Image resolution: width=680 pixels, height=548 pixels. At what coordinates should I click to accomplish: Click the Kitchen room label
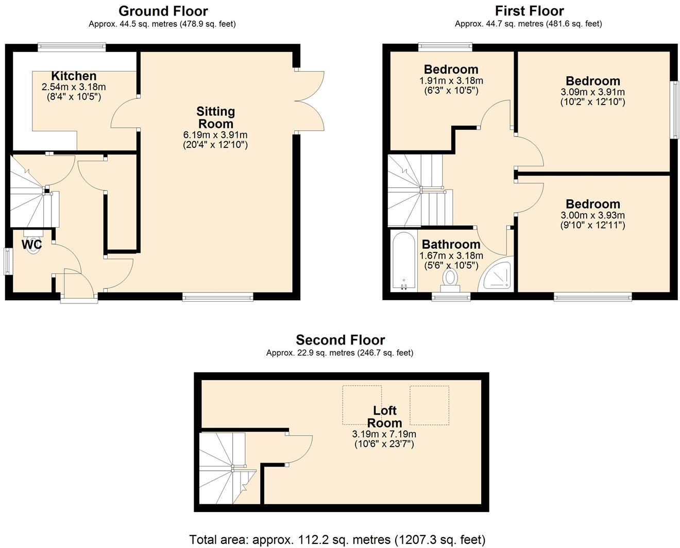click(74, 76)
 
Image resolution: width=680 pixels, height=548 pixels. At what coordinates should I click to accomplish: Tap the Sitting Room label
click(215, 117)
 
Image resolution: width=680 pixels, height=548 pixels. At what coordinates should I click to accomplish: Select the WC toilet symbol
click(33, 247)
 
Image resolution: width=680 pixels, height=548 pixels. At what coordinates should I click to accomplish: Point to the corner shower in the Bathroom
click(497, 276)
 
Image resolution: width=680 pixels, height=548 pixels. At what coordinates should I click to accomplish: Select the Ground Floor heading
click(163, 11)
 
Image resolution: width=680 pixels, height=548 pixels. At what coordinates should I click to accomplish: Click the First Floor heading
click(529, 11)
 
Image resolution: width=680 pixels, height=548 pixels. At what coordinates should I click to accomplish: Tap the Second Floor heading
click(340, 340)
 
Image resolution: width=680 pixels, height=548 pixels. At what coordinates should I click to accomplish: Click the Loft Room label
click(384, 417)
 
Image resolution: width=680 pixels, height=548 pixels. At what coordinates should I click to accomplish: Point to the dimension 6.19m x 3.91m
click(215, 135)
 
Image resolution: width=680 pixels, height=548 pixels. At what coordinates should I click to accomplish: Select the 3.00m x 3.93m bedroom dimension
click(592, 215)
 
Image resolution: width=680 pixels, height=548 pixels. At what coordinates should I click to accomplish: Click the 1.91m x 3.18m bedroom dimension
click(451, 81)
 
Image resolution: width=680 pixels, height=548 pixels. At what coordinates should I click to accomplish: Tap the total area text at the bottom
click(337, 539)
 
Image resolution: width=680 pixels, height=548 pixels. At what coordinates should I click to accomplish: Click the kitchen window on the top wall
click(72, 47)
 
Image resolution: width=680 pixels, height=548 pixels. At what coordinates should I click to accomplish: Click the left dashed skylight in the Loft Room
click(362, 405)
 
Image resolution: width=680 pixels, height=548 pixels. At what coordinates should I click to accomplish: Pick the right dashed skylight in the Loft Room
click(429, 405)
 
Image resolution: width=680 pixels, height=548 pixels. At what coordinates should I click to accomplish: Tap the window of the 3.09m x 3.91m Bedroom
click(674, 109)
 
